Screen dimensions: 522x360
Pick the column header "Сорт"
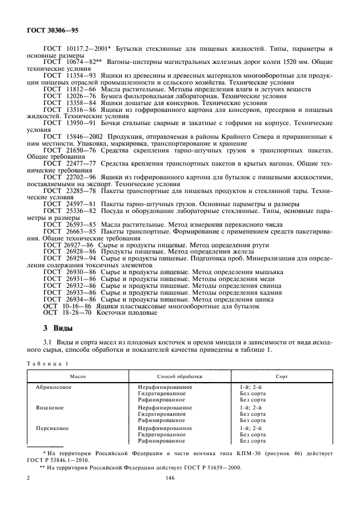point(282,377)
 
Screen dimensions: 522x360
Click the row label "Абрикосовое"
point(53,387)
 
